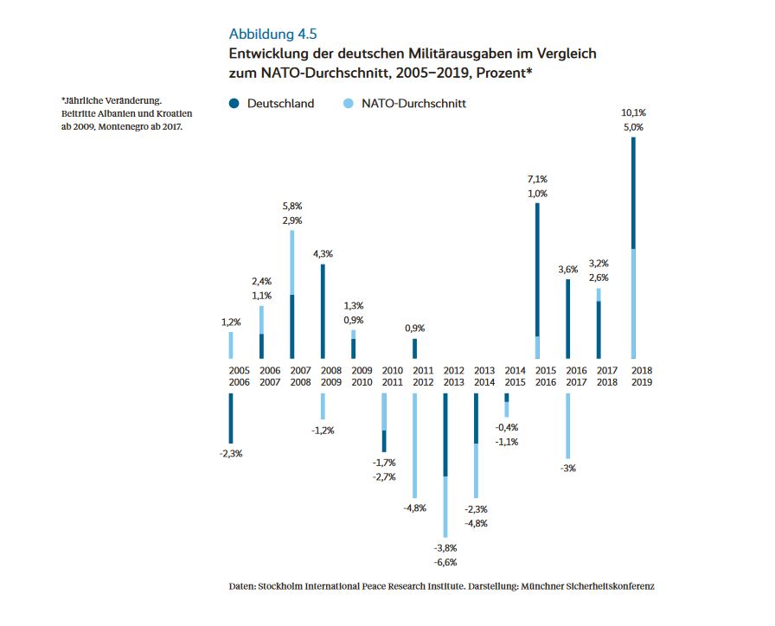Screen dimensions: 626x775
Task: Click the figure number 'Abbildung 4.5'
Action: click(272, 35)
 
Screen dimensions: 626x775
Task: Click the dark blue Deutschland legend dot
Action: click(234, 104)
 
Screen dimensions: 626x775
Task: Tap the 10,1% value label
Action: click(633, 112)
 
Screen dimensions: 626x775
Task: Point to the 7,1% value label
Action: click(537, 179)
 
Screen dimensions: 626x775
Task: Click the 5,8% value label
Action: click(292, 207)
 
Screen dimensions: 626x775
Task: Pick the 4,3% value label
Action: click(323, 254)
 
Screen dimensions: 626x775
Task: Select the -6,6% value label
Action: click(446, 563)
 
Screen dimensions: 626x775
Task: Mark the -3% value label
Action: click(568, 468)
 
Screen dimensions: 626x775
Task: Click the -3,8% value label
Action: click(446, 548)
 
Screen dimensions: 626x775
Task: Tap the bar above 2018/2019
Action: click(633, 247)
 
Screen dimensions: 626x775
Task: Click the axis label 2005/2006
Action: click(230, 376)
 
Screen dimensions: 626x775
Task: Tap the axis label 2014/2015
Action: click(515, 376)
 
